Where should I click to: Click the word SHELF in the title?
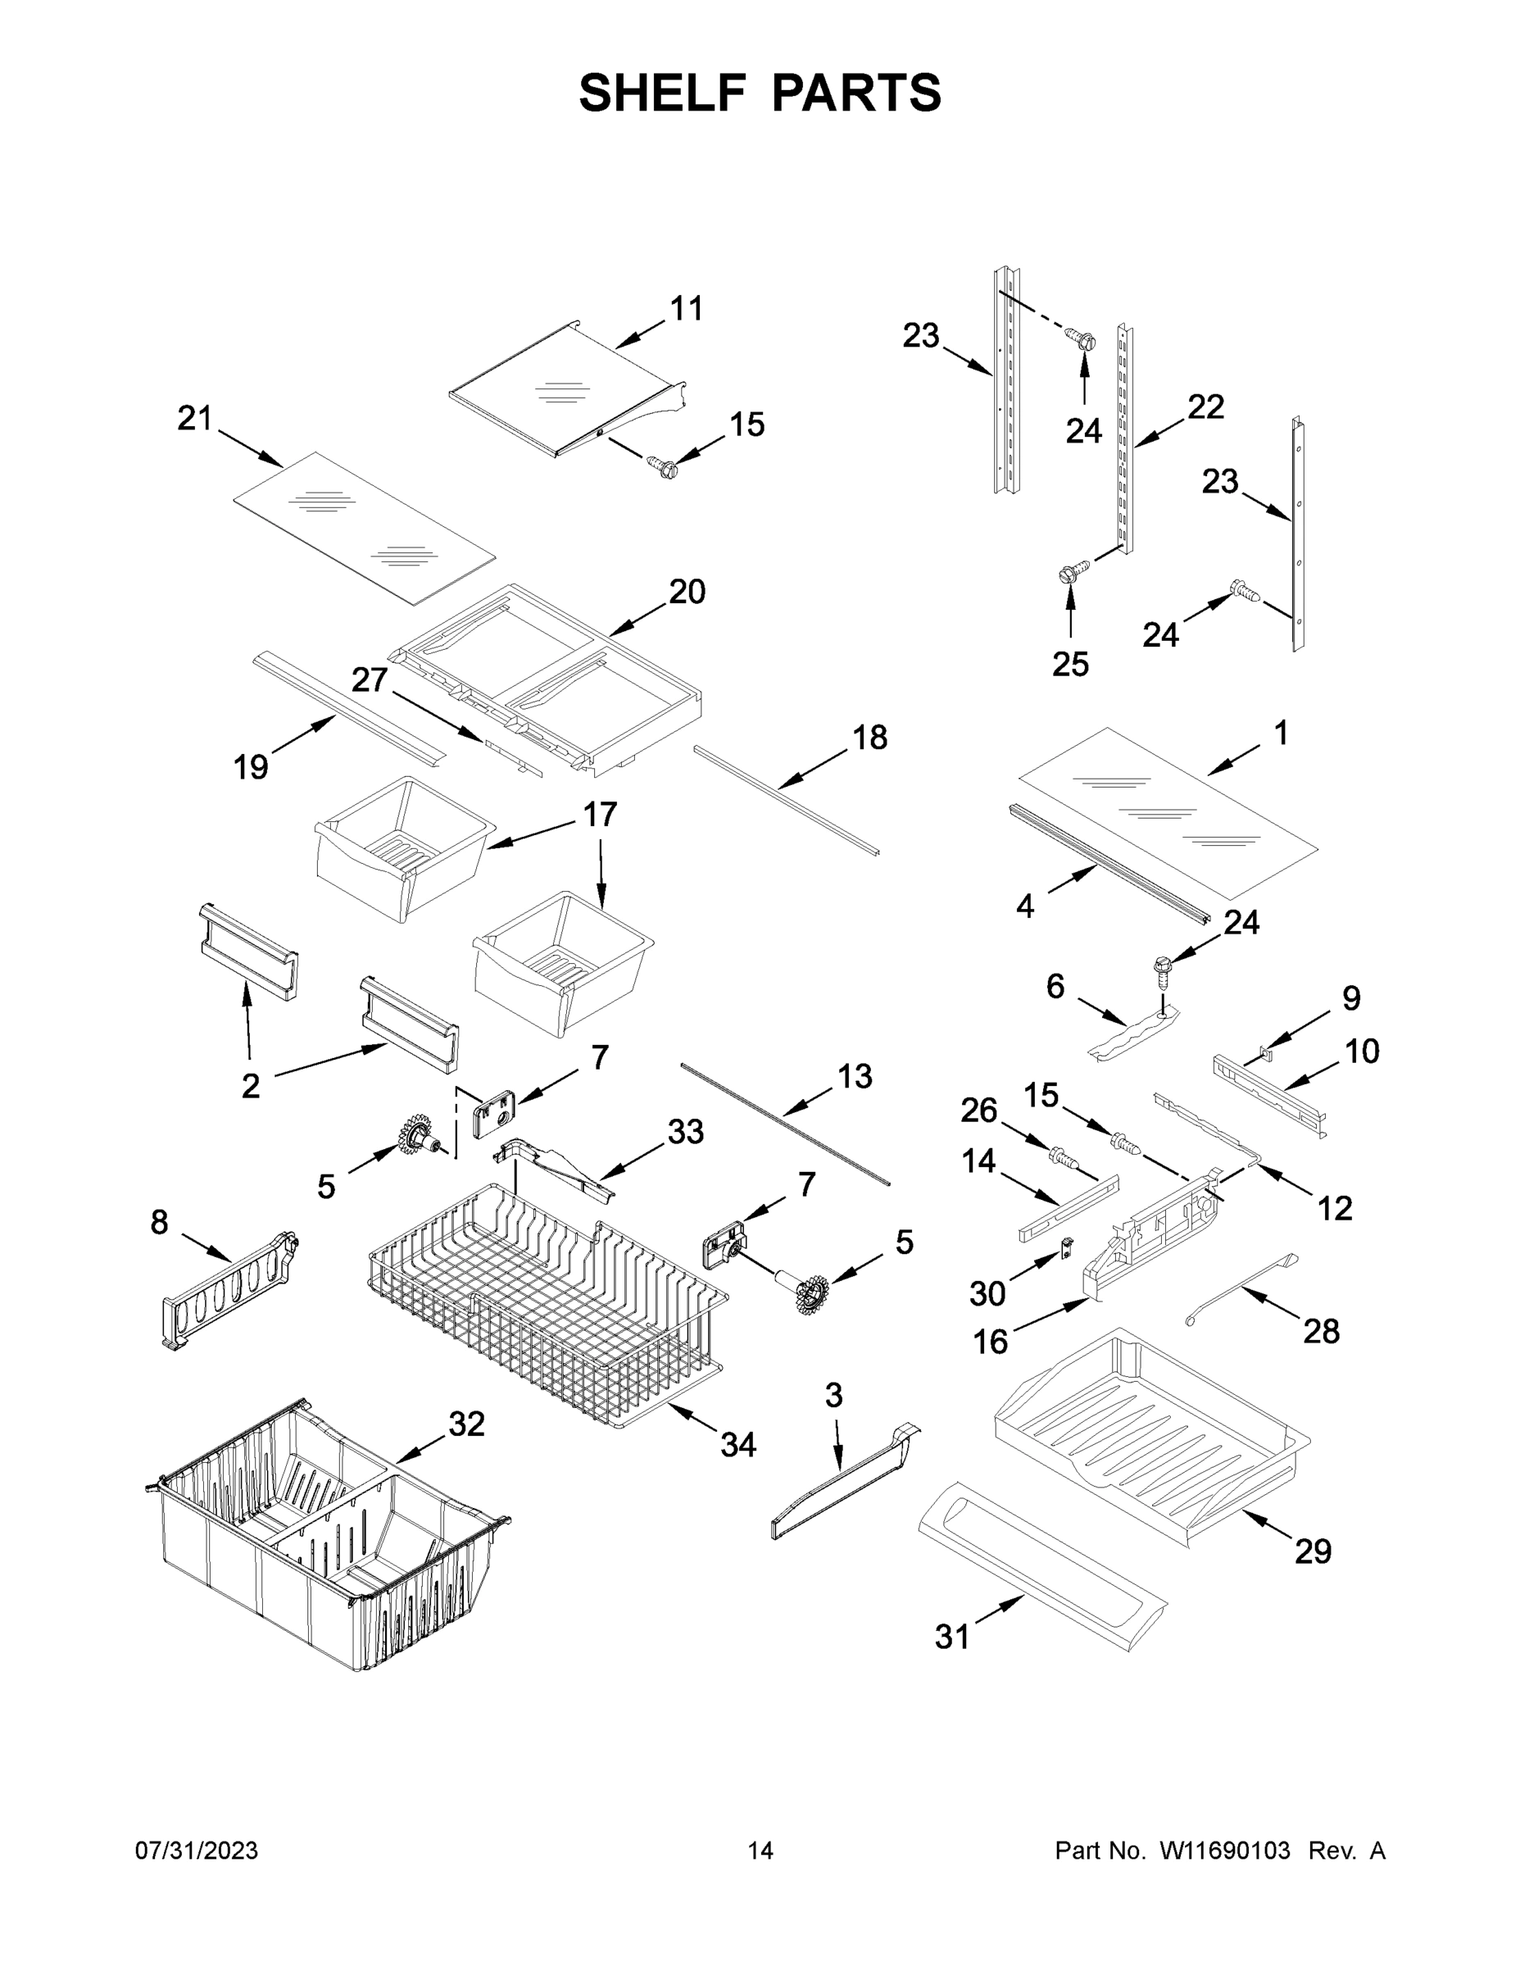pos(663,93)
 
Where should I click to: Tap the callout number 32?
pos(466,1424)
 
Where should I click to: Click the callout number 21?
pos(194,418)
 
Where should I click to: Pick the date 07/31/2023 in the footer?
pos(197,1851)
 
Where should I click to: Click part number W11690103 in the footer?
pos(1225,1851)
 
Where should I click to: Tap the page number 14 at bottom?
pos(760,1851)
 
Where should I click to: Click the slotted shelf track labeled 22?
pos(1125,441)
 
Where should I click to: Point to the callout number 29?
pos(1313,1551)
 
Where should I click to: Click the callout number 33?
pos(685,1131)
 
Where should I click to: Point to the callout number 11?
pos(686,308)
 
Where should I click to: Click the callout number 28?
pos(1321,1330)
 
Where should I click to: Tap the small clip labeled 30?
pos(1067,1247)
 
